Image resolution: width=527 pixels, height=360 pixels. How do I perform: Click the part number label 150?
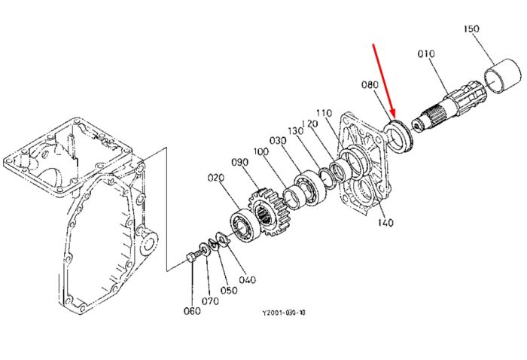coord(471,29)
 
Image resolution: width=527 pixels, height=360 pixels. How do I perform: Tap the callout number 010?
coord(426,53)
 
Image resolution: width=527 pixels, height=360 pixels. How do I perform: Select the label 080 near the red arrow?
coord(370,84)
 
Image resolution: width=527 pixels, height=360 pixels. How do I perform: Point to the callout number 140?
coord(385,222)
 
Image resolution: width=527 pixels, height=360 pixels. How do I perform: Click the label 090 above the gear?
coord(240,163)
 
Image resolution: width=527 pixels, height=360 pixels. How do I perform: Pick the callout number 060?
coord(192,311)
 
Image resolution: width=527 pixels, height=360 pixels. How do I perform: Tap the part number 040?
coord(248,279)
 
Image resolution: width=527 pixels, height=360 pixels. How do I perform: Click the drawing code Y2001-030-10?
coord(284,313)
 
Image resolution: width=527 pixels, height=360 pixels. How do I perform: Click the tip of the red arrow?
coord(394,119)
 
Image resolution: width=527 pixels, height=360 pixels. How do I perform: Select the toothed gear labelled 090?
coord(268,212)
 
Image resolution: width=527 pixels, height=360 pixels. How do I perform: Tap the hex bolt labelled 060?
coord(191,258)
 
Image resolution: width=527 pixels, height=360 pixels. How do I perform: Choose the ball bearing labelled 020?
coord(245,225)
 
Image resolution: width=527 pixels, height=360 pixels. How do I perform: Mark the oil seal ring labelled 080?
coord(398,138)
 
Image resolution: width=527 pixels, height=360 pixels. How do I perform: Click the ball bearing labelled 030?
coord(310,188)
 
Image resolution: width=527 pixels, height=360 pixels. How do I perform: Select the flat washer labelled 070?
coord(204,250)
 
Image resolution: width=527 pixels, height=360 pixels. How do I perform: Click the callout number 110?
coord(324,113)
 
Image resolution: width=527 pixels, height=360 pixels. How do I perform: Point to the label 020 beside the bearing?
coord(216,177)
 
